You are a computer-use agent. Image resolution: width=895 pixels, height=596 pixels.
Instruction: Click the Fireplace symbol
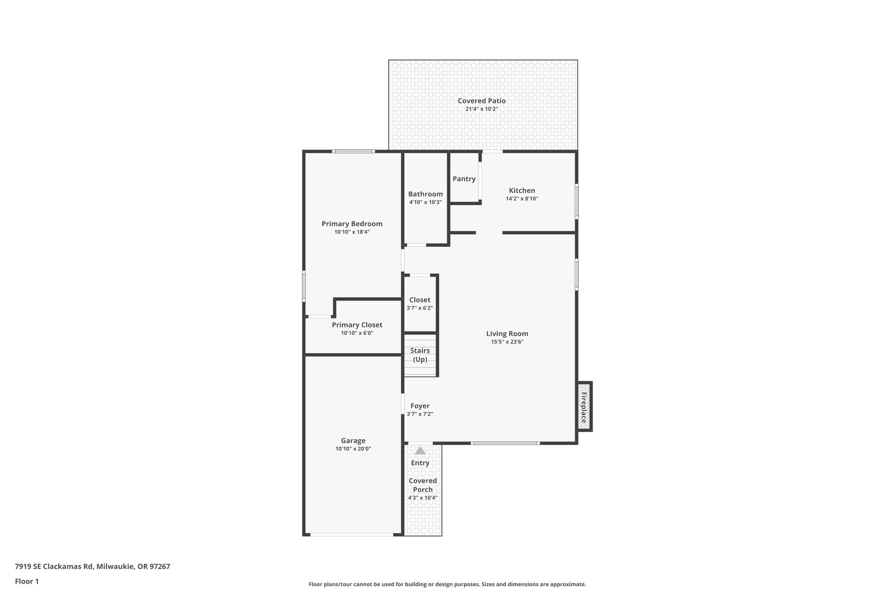pyautogui.click(x=584, y=407)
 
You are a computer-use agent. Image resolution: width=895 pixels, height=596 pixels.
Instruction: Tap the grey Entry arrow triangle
pyautogui.click(x=420, y=451)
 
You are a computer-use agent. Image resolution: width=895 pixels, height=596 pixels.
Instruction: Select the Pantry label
pyautogui.click(x=464, y=179)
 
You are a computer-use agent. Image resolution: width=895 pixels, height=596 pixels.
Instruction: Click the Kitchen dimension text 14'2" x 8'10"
pyautogui.click(x=522, y=199)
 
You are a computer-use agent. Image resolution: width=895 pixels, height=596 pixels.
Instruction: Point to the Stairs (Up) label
pyautogui.click(x=420, y=355)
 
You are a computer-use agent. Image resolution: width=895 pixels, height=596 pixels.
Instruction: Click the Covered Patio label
pyautogui.click(x=482, y=101)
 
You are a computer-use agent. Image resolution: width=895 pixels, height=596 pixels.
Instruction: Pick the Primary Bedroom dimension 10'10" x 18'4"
pyautogui.click(x=352, y=232)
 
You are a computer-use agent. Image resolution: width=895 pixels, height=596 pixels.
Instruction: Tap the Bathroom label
pyautogui.click(x=425, y=194)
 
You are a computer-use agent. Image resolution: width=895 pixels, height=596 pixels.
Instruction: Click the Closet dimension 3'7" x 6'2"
pyautogui.click(x=420, y=308)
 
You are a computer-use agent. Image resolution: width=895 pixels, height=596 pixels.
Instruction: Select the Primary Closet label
pyautogui.click(x=357, y=325)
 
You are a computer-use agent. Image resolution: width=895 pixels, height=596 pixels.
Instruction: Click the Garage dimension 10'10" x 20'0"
pyautogui.click(x=353, y=449)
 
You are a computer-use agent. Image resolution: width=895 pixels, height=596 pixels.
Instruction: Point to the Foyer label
pyautogui.click(x=420, y=406)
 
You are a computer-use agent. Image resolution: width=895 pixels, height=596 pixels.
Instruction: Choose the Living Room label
pyautogui.click(x=507, y=334)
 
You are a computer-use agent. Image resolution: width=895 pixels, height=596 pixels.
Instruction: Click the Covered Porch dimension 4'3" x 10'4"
pyautogui.click(x=423, y=498)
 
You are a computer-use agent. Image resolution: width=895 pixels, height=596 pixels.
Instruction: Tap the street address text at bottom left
pyautogui.click(x=92, y=567)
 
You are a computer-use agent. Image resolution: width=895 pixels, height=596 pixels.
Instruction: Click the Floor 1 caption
pyautogui.click(x=27, y=582)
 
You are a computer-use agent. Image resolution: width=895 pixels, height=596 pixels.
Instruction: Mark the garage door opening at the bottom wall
pyautogui.click(x=352, y=534)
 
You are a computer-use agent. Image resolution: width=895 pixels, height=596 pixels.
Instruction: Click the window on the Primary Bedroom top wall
pyautogui.click(x=353, y=152)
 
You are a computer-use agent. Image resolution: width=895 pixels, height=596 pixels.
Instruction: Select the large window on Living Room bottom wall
pyautogui.click(x=505, y=443)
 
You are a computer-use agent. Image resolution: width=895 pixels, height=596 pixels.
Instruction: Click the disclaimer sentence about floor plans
pyautogui.click(x=447, y=584)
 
